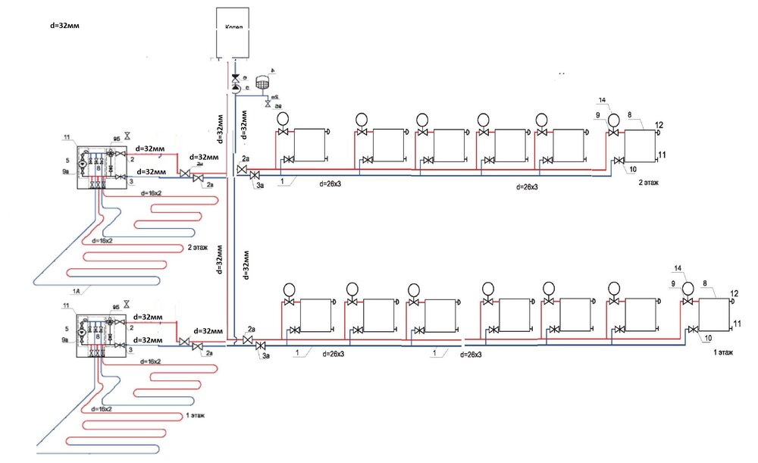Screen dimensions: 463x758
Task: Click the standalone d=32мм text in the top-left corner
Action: (x=63, y=25)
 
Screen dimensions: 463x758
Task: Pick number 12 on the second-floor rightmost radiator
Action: (x=659, y=125)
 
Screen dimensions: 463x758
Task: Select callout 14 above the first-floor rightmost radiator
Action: (x=678, y=268)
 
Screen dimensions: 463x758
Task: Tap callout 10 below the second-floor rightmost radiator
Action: (x=633, y=170)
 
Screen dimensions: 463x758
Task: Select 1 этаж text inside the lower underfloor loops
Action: (x=194, y=416)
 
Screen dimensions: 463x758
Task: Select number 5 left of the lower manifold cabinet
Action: (x=67, y=330)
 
